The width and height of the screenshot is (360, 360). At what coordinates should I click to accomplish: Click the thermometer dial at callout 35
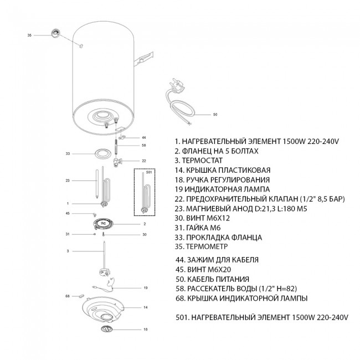click(x=55, y=33)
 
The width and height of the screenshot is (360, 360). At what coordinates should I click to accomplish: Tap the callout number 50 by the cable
click(x=215, y=114)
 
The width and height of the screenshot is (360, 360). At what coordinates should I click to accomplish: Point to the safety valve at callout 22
click(x=117, y=162)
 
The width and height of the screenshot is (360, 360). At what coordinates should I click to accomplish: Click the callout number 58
click(x=144, y=145)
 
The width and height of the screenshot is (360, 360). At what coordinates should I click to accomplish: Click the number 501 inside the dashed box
click(x=149, y=172)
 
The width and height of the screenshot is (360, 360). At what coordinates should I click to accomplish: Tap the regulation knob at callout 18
click(x=107, y=329)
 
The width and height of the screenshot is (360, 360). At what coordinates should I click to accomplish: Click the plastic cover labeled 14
click(x=102, y=309)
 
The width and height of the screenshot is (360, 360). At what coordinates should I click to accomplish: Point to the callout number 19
click(x=146, y=287)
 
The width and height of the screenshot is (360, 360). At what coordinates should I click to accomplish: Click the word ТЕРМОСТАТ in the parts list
click(x=202, y=161)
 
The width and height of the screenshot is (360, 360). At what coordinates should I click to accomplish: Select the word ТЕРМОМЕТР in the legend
click(x=207, y=246)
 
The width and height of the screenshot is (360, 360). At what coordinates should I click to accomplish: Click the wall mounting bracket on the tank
click(x=143, y=59)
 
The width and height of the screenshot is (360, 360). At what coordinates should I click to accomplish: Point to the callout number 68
click(x=68, y=296)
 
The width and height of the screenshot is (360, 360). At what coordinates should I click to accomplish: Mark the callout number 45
click(x=68, y=213)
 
